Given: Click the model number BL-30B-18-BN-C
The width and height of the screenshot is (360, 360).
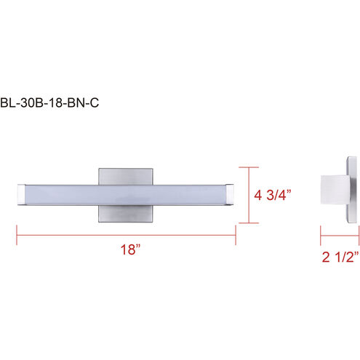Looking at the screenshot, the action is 49,103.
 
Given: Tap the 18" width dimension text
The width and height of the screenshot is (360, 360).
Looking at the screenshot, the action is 131,249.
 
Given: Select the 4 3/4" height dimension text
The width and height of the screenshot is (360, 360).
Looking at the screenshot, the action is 273,195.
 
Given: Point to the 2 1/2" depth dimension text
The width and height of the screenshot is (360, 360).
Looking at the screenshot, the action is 340,257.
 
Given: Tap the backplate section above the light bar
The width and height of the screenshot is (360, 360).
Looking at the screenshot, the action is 126,177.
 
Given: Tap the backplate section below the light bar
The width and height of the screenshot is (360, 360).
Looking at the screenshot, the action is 126,214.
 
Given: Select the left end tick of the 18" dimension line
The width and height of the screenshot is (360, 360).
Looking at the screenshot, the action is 17,235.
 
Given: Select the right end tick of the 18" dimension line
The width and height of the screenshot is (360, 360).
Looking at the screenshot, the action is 236,235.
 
